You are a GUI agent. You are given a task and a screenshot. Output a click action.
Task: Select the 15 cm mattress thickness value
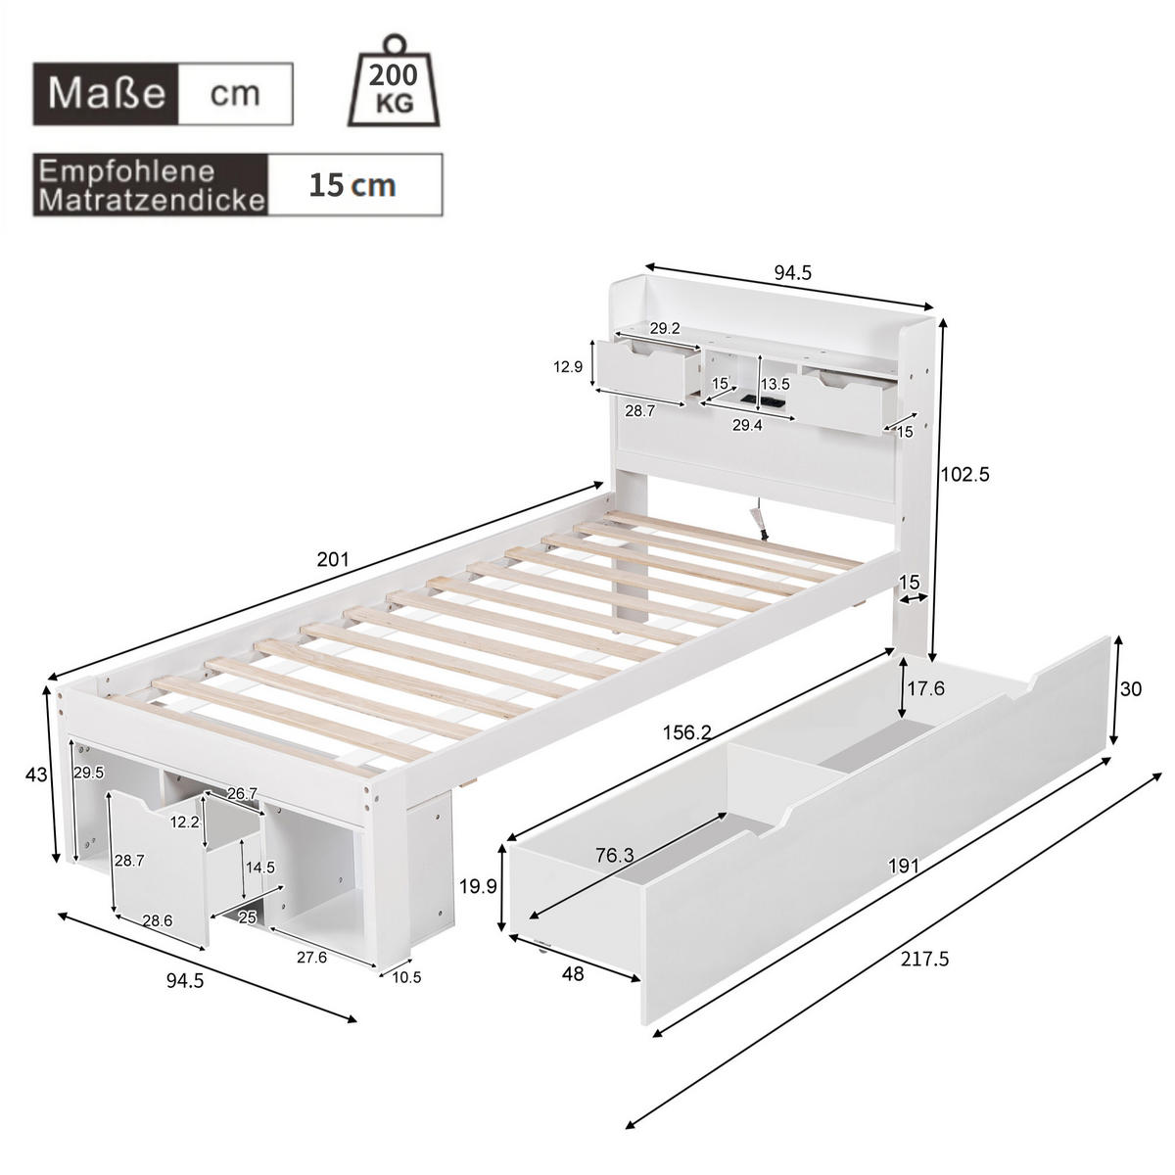tap(352, 184)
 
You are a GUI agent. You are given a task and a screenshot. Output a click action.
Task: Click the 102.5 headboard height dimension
tap(964, 474)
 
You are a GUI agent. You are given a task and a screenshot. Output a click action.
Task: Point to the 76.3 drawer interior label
tap(614, 855)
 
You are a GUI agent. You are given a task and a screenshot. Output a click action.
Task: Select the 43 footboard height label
tap(35, 775)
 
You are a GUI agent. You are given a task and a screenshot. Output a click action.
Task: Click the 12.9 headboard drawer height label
tap(568, 367)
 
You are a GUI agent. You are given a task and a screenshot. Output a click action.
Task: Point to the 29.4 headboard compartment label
tap(747, 425)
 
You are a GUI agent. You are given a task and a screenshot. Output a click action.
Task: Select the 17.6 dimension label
tap(925, 688)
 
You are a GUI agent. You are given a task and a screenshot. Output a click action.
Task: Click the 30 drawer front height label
tap(1131, 689)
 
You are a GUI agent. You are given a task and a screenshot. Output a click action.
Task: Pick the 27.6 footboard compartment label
tap(311, 958)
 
